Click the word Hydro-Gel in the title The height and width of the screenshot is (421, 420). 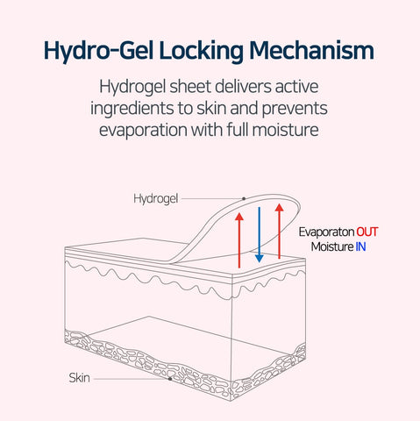(98, 52)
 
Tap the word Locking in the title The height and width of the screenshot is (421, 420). (202, 52)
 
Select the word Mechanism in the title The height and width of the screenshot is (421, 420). (311, 50)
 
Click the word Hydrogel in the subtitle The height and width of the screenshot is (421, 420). (132, 87)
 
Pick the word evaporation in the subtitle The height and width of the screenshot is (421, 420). (143, 130)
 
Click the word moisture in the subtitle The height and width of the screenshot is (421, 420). (285, 130)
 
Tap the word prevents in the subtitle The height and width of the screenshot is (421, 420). (295, 109)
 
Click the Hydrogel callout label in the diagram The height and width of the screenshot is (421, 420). (155, 199)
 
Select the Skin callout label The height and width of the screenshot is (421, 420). (79, 378)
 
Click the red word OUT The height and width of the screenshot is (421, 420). (367, 232)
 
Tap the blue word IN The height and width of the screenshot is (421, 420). (360, 247)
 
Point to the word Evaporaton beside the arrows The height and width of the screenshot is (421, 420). (326, 232)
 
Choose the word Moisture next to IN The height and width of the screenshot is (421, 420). (332, 247)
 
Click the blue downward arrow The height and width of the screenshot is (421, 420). (260, 235)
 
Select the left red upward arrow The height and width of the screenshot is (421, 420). (239, 240)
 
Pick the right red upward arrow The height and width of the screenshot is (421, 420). (280, 231)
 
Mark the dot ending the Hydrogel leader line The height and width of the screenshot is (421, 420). (244, 199)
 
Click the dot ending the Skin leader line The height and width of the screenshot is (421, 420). (170, 379)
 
